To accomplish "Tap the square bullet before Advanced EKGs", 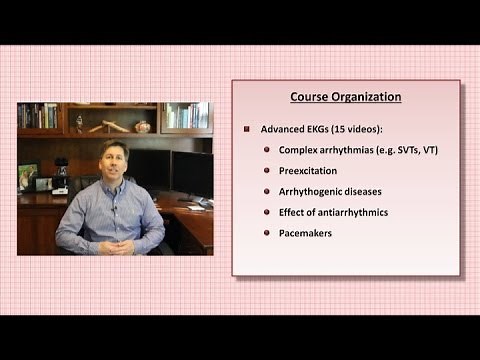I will click(246, 129).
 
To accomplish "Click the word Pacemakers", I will click(308, 233).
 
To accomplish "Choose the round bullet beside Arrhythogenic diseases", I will click(266, 191).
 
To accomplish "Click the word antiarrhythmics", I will click(355, 212).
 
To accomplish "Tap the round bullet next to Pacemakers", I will click(266, 233).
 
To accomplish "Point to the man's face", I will click(113, 163).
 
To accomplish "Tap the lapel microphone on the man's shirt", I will click(113, 208).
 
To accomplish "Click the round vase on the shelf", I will click(142, 127).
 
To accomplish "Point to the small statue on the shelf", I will click(78, 123).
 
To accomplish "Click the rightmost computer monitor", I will click(192, 172).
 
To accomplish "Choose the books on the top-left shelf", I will click(38, 116).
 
